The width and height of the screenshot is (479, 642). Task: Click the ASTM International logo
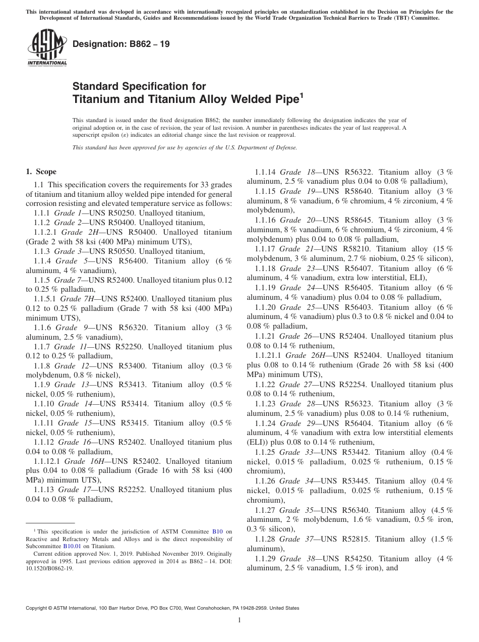pos(47,48)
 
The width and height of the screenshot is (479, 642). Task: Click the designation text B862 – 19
pos(121,44)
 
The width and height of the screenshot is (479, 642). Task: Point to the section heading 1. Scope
pos(41,172)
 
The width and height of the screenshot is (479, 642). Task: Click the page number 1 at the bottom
pos(239,620)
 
